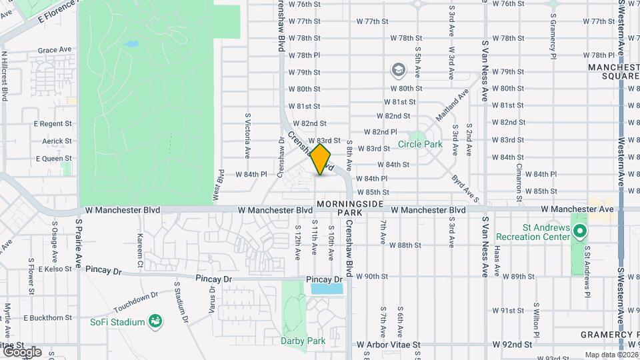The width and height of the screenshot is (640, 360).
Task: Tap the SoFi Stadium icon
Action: (155, 323)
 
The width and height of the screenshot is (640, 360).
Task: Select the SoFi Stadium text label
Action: (117, 323)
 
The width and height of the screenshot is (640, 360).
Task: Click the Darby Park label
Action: (303, 341)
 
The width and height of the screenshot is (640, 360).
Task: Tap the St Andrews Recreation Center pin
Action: (580, 232)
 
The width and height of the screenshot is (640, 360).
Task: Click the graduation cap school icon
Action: (398, 70)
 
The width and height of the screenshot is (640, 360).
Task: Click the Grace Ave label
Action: (54, 50)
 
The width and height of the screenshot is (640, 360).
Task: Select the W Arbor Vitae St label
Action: (389, 345)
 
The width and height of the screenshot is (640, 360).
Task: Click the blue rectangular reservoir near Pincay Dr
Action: (327, 289)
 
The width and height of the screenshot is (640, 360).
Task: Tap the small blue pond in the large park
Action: (131, 45)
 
